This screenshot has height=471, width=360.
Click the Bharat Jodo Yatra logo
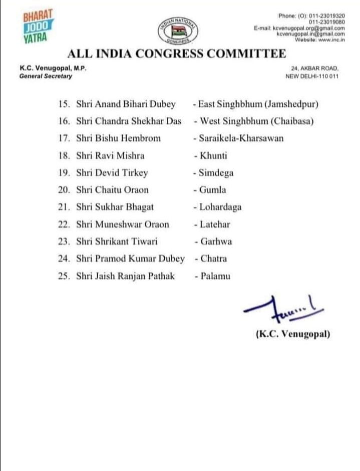point(38,26)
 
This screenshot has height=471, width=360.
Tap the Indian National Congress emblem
point(179,30)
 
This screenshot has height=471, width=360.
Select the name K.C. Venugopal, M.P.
point(47,69)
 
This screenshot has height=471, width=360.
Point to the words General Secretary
point(46,76)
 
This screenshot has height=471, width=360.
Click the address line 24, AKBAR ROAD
point(314,69)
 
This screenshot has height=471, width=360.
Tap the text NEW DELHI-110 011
point(312,76)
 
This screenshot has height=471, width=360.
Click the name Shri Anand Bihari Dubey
point(126,104)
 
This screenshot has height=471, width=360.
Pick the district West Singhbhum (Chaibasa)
point(256,121)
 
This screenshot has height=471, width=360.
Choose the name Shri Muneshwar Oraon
point(123,224)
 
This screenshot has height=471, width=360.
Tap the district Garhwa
point(216,242)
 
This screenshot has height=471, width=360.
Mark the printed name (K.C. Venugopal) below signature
point(293,335)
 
